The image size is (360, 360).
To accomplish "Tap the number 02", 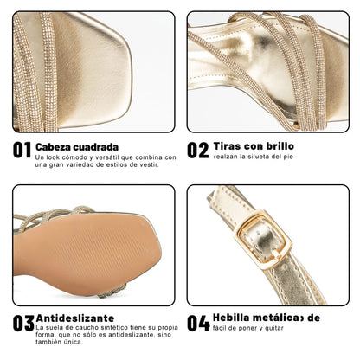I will [199, 151].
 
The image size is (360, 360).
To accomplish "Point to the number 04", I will [199, 324].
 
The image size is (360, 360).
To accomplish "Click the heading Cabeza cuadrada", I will [78, 146].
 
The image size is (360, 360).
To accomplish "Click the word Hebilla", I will [234, 318].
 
